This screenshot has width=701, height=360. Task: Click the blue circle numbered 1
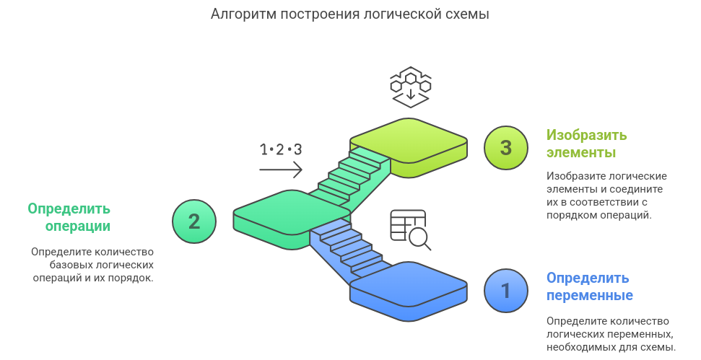tap(506, 291)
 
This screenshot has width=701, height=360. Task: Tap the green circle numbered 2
tap(194, 221)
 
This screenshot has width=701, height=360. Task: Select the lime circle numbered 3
tap(506, 148)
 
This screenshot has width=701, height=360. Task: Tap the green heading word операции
tap(78, 226)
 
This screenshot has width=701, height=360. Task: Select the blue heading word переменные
tap(589, 295)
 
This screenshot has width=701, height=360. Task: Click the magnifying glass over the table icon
tap(418, 237)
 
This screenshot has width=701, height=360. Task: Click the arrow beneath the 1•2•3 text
tap(280, 170)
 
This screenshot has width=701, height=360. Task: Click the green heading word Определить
tap(69, 208)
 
